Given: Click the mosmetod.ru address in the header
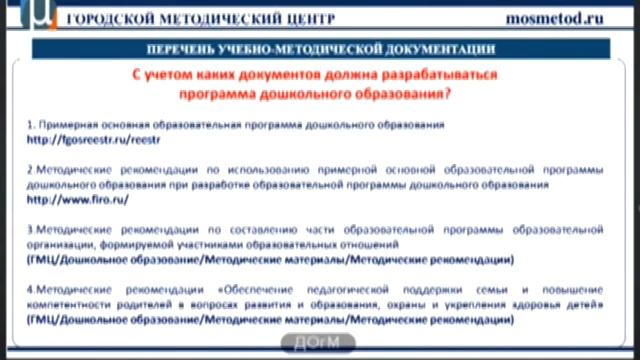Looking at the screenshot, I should (570, 18).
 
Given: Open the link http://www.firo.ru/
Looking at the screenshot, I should (65, 200).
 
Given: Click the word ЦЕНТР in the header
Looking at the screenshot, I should (307, 19).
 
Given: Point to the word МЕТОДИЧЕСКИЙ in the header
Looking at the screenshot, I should (215, 19).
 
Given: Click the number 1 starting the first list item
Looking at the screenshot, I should (30, 126).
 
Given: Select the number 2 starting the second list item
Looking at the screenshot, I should (30, 170).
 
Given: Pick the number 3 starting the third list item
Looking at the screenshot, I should (30, 229).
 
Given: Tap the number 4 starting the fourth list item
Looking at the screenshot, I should (30, 288).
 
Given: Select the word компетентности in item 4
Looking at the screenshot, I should (72, 303).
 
